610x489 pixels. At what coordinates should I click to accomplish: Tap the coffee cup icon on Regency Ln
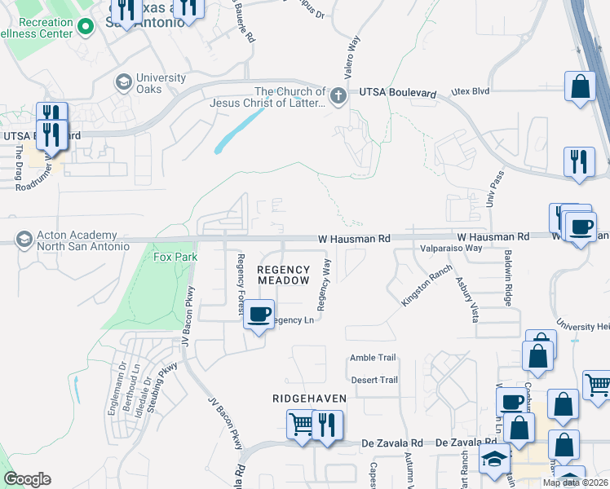259,314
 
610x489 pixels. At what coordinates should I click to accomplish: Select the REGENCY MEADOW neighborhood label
284,275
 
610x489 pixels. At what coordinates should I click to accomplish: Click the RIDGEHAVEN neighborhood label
309,398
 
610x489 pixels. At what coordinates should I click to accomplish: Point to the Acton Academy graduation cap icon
23,240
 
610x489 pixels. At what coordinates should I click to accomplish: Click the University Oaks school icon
123,81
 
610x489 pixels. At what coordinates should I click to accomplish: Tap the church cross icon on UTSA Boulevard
338,97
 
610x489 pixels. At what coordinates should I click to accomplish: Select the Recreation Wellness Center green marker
85,29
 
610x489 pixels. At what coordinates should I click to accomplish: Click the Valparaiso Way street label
451,248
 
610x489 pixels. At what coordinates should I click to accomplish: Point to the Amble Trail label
373,358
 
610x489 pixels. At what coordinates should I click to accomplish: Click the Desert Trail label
374,380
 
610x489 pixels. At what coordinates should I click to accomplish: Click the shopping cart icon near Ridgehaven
301,424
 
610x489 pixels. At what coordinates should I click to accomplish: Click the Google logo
27,479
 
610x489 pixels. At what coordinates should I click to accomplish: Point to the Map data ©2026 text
575,482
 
